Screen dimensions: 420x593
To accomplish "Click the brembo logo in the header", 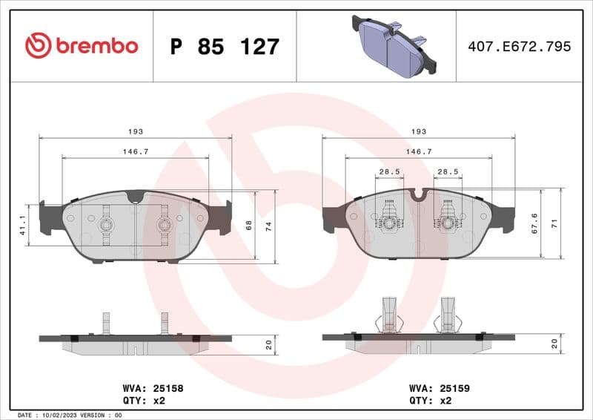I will pos(82,46).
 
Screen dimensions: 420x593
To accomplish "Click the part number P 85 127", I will pos(225,47).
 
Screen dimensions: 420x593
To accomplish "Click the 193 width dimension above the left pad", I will pos(135,131).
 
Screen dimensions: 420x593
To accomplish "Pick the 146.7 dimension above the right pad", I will pos(419,151).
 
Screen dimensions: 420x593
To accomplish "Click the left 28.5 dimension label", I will pos(389,171).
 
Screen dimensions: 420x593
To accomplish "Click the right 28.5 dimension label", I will pos(448,171).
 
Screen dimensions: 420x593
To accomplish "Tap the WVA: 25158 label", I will pos(153,387).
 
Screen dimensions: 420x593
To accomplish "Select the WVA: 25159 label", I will pos(440,387).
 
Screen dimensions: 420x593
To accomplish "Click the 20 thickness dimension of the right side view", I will pos(555,343).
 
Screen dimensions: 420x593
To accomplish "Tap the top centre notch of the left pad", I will pos(135,197).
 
